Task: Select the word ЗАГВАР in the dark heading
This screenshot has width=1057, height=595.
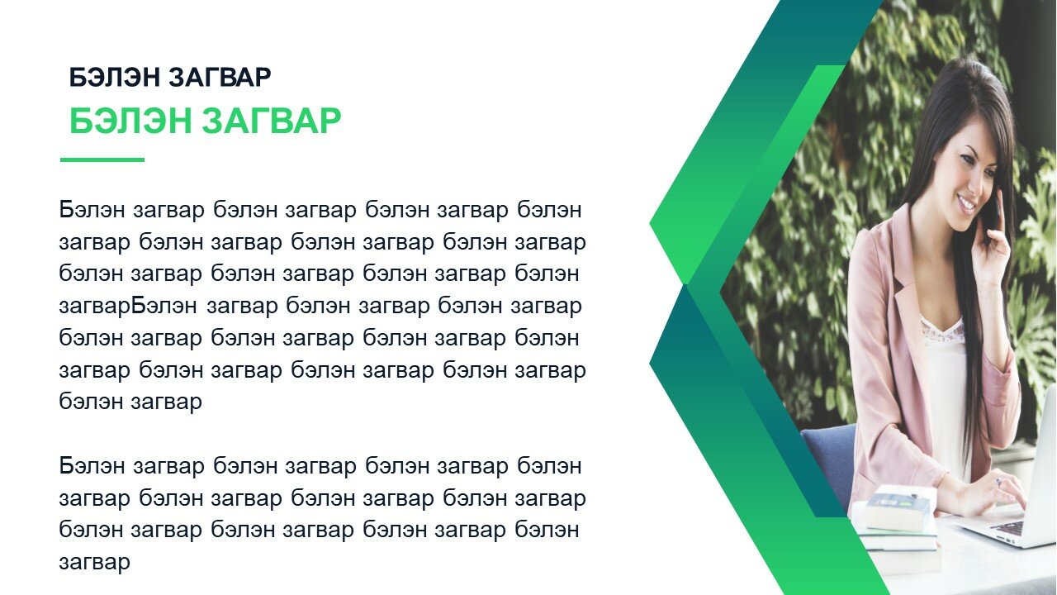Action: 220,78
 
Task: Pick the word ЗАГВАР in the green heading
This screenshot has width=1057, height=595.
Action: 272,121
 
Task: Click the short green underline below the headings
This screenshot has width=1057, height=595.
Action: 102,160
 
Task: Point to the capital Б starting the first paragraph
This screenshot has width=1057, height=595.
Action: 66,210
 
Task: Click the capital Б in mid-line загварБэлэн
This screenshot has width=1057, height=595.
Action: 138,306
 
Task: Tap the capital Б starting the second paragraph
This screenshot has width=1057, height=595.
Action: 66,466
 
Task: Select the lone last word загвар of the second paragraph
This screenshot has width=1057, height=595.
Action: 94,563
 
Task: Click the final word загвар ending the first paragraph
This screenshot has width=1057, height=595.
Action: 166,402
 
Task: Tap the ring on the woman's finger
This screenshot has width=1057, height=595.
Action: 999,482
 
